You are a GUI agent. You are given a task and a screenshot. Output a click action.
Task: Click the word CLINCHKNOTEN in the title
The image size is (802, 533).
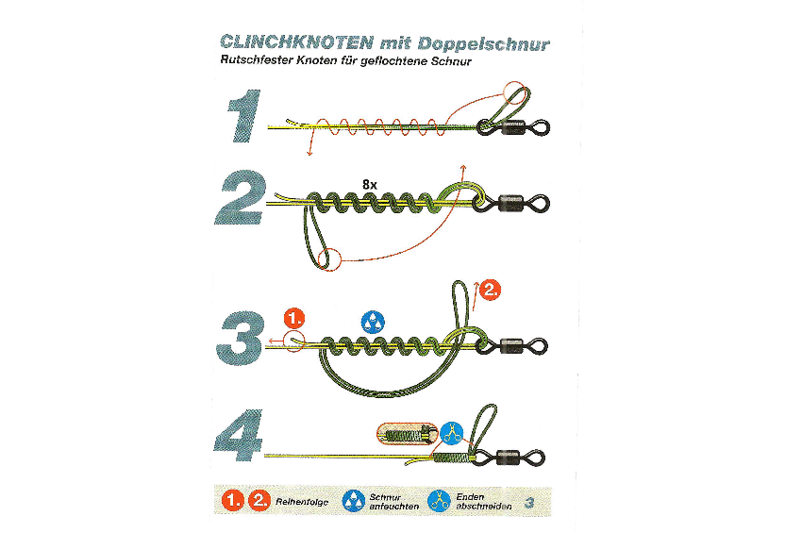[x=296, y=42]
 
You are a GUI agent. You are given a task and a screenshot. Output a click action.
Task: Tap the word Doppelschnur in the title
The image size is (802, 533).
[x=484, y=44]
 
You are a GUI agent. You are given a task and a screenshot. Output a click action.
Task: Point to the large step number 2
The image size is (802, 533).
[x=241, y=197]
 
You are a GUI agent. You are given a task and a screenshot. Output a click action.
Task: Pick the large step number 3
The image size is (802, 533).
[x=241, y=338]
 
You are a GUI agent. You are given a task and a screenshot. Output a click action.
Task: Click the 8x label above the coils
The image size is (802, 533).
[x=370, y=184]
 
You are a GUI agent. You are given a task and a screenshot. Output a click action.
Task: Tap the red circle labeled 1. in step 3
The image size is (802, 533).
[x=294, y=319]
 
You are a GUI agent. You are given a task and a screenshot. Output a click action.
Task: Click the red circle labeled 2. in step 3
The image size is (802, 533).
[x=491, y=290]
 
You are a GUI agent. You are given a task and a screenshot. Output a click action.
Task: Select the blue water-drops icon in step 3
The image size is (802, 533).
[x=373, y=323]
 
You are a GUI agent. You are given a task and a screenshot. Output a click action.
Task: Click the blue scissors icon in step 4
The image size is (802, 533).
[x=452, y=433]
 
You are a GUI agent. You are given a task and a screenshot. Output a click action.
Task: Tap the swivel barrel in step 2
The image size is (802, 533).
[x=510, y=203]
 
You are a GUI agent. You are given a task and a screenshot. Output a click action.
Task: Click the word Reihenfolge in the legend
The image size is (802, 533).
[x=302, y=502]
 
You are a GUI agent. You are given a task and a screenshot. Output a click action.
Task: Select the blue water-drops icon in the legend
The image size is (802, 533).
[x=354, y=501]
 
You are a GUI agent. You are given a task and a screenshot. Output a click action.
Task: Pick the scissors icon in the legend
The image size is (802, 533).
[x=439, y=501]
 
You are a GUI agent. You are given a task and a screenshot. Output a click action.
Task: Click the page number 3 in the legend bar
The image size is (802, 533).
[x=529, y=502]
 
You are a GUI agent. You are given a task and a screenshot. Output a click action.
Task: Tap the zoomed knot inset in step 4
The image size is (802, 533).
[x=408, y=434]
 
